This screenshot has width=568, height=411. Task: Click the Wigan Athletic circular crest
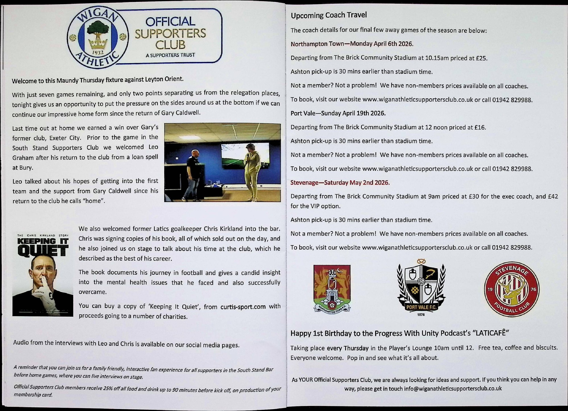pos(97,38)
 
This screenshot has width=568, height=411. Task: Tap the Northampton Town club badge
pos(332,288)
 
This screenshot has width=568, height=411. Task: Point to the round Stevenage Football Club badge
pos(511,289)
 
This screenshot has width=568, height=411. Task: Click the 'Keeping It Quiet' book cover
pos(43,274)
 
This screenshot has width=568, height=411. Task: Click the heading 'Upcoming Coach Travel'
pos(329,15)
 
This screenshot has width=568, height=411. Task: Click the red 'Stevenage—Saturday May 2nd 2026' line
pos(340,183)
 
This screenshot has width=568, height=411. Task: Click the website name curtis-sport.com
pos(243,307)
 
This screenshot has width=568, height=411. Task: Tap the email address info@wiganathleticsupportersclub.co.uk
pos(453,389)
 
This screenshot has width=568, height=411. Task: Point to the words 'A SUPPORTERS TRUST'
pos(170,55)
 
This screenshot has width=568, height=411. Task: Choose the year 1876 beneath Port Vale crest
pos(421,315)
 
